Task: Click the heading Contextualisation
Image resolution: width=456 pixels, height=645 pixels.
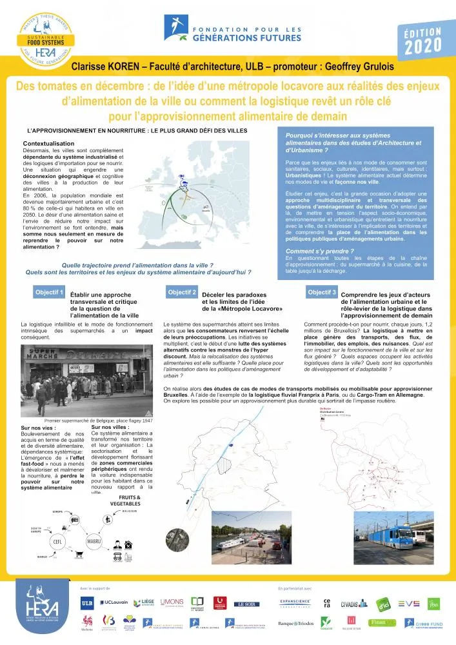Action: click(53, 143)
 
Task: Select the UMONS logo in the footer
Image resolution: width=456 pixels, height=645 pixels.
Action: click(172, 602)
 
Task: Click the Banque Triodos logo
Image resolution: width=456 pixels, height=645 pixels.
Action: click(295, 624)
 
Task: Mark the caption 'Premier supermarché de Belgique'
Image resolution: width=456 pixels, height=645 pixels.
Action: click(89, 419)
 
